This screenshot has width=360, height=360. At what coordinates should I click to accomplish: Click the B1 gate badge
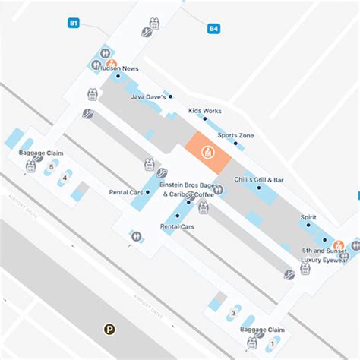point(74,24)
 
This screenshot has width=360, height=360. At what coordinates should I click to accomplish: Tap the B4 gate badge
point(213,30)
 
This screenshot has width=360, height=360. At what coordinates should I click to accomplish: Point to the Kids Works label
point(204,111)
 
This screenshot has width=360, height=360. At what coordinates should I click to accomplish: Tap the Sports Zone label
point(236,135)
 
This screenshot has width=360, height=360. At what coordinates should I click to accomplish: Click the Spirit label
point(308,217)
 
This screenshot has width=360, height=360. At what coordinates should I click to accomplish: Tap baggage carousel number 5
point(51,167)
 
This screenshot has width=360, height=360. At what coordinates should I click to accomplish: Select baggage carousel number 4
point(65,178)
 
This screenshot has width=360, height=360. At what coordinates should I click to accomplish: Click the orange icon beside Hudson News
point(111,64)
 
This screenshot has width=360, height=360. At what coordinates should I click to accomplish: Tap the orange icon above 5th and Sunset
point(339,244)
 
